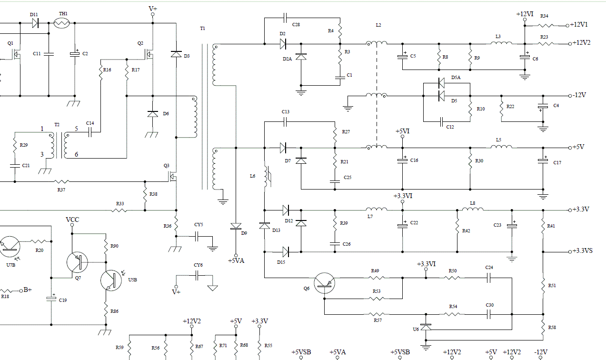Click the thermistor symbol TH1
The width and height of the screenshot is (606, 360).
pos(62,23)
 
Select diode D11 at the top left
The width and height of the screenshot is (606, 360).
pos(35,23)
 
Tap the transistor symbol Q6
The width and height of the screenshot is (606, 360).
pos(324,283)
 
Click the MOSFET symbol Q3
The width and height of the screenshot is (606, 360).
pos(172,177)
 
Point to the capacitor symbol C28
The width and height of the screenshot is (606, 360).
pos(285,18)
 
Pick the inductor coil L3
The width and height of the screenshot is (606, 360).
pos(501,42)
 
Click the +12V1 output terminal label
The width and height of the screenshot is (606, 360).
pos(579,25)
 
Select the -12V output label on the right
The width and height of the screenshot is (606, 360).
pos(579,95)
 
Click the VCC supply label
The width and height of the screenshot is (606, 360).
pos(72,220)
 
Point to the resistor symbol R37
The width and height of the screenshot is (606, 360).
pos(61,181)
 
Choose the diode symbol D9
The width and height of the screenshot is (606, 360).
pos(236,227)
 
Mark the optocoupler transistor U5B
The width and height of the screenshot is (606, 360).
pos(111,280)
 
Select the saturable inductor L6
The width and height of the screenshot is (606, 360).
pos(268,176)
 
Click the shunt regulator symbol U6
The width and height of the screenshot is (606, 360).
pos(426,327)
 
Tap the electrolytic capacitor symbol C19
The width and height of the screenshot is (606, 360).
pos(51,299)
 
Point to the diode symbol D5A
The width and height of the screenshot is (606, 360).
pos(441,83)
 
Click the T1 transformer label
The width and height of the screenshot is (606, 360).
pos(203,29)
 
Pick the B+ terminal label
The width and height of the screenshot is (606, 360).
pos(28,290)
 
